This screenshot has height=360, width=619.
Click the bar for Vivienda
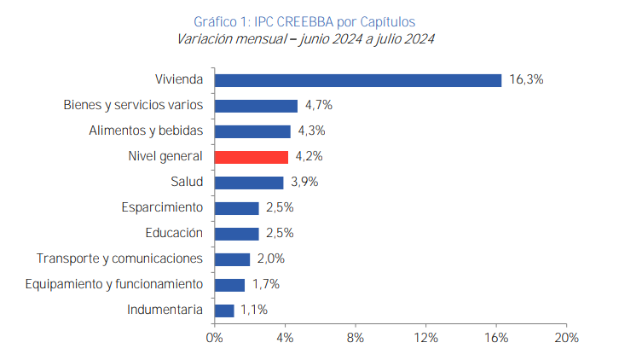[x=358, y=80]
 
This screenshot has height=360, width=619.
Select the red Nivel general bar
[x=252, y=157]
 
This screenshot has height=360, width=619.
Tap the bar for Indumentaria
[x=224, y=311]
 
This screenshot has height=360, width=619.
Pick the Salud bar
[x=249, y=183]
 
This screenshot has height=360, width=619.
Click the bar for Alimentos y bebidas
[x=252, y=131]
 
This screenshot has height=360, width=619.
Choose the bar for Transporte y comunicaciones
[x=232, y=259]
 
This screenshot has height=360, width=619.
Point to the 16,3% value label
[x=526, y=80]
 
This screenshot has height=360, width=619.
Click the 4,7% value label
[x=318, y=106]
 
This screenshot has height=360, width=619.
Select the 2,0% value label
[x=270, y=259]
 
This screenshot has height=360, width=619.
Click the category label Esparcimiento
[x=162, y=207]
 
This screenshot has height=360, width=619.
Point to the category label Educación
[x=174, y=233]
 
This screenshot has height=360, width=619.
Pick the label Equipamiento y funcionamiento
[x=114, y=284]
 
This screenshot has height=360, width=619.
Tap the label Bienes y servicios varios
[x=133, y=106]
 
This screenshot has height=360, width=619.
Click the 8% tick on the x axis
[x=356, y=338]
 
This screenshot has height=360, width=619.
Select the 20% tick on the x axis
[x=566, y=338]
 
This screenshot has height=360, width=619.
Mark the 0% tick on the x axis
[x=215, y=338]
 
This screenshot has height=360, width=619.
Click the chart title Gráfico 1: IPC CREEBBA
[x=304, y=20]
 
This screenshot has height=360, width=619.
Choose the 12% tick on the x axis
[x=425, y=338]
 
